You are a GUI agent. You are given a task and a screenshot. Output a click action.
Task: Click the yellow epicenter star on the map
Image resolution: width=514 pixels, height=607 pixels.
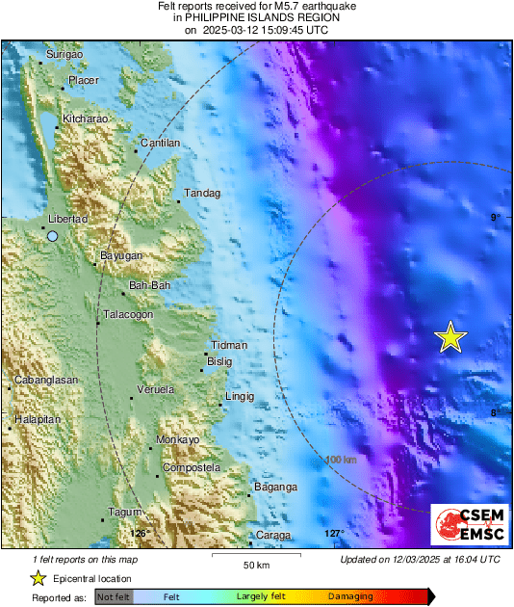[450, 337]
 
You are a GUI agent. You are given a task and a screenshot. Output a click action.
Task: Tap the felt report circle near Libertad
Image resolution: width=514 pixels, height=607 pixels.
[53, 235]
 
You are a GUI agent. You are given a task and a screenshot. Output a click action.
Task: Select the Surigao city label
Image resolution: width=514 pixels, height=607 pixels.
[65, 56]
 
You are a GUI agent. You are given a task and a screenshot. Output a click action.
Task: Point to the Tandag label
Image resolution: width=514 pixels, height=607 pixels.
[203, 194]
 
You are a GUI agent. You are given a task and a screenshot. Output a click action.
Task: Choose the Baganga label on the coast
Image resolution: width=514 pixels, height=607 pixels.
[276, 488]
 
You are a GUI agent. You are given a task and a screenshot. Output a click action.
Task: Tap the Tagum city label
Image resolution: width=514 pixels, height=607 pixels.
[126, 512]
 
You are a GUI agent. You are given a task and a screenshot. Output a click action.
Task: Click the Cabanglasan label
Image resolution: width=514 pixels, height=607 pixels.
[46, 380]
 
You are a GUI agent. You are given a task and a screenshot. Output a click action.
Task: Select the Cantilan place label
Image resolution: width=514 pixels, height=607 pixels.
[161, 143]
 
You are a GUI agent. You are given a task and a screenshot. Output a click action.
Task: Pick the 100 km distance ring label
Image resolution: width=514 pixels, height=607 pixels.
[341, 459]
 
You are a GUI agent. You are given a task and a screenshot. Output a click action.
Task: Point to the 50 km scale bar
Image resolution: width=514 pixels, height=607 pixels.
[254, 559]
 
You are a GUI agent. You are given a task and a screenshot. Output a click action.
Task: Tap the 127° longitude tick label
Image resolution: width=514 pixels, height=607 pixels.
[333, 534]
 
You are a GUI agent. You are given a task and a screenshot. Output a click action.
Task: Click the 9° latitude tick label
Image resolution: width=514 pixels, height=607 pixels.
[495, 218]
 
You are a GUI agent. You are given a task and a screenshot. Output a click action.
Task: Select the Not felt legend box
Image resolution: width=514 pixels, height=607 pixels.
[113, 597]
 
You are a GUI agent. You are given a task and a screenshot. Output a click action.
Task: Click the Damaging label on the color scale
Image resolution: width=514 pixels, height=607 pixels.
[350, 597]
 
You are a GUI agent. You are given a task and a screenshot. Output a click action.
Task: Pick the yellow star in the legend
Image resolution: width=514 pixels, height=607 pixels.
[38, 578]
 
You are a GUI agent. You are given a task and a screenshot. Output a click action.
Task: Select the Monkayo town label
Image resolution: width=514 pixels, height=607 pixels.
[178, 439]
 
